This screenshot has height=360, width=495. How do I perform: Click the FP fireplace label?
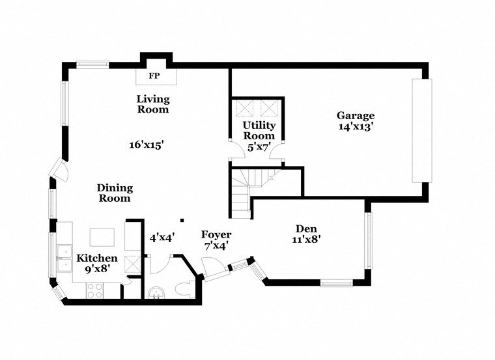pos(154,76)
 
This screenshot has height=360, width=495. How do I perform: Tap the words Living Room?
pos(153,104)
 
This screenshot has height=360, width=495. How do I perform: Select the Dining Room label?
pos(115,193)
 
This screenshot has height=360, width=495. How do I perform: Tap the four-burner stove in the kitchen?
pos(94,292)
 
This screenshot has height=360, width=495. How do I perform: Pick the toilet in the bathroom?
pos(185,290)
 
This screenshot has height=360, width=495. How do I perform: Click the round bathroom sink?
pos(156,293)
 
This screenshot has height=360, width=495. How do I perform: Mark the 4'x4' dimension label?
pos(162,238)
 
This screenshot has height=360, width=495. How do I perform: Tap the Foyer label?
pos(216,235)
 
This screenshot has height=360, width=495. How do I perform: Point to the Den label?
pos(305,228)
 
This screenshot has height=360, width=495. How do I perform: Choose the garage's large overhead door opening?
pos(421,130)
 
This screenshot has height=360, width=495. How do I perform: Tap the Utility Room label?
pos(259,130)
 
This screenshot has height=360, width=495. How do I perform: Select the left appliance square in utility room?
pos(244,107)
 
